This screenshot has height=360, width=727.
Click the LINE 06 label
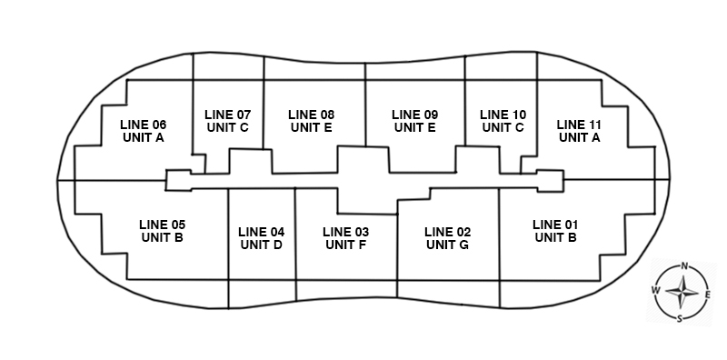click(x=144, y=125)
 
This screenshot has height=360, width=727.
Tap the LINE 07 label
click(x=228, y=115)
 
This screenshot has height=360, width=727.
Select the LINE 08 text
click(x=311, y=115)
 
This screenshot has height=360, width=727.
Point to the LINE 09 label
click(x=415, y=115)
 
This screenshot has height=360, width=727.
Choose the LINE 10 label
click(x=503, y=115)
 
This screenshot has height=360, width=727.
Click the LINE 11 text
click(x=579, y=125)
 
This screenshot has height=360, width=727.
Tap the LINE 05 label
click(x=163, y=225)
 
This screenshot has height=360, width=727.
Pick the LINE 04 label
click(x=262, y=232)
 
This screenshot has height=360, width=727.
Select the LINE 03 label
click(x=346, y=232)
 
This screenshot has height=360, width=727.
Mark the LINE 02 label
click(x=447, y=232)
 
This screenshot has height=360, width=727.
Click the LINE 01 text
click(x=555, y=225)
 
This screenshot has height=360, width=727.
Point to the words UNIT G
click(x=447, y=245)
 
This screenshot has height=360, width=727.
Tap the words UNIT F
click(x=346, y=245)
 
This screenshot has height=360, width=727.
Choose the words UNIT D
click(x=262, y=245)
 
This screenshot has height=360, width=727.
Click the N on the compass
click(x=684, y=265)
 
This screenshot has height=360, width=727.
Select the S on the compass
click(x=680, y=319)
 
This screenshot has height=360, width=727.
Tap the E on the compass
click(x=708, y=295)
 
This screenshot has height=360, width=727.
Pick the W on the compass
click(x=655, y=290)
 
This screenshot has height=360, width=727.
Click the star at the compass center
click(x=682, y=292)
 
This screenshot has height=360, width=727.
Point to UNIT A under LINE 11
click(x=580, y=138)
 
